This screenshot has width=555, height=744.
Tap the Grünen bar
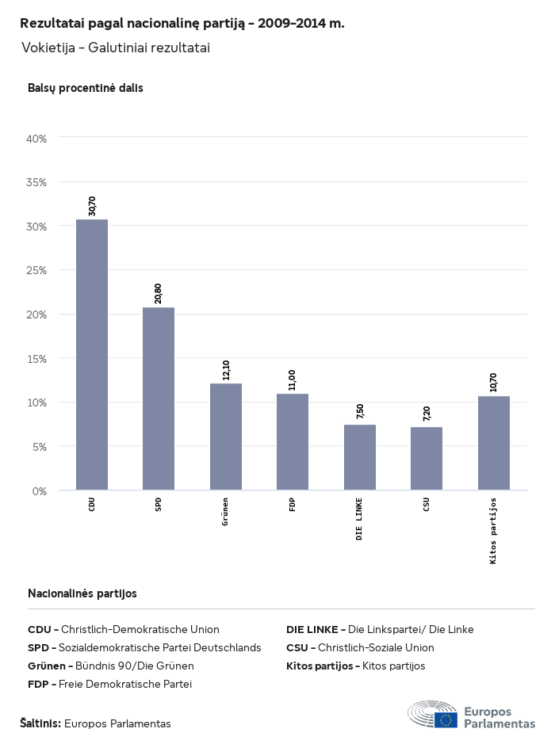pos(226,437)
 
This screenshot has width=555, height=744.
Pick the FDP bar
pos(293,441)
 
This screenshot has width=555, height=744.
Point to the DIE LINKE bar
pos(360,457)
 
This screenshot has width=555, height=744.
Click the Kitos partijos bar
pos(494,443)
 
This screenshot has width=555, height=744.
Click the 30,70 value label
pos(92,206)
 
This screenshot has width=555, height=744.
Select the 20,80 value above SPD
pos(159,294)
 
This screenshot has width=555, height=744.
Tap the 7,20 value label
pos(427,414)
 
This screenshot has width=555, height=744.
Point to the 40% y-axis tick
pos(37,138)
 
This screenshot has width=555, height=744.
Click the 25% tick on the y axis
pos(37,270)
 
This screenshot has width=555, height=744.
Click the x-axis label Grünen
pos(226,513)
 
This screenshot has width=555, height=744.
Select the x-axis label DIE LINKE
pos(360,519)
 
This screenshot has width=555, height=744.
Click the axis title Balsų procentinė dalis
pos(86,88)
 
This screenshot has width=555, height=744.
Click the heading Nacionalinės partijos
pos(82,593)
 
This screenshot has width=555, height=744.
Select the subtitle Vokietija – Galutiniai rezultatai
pos(116,48)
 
